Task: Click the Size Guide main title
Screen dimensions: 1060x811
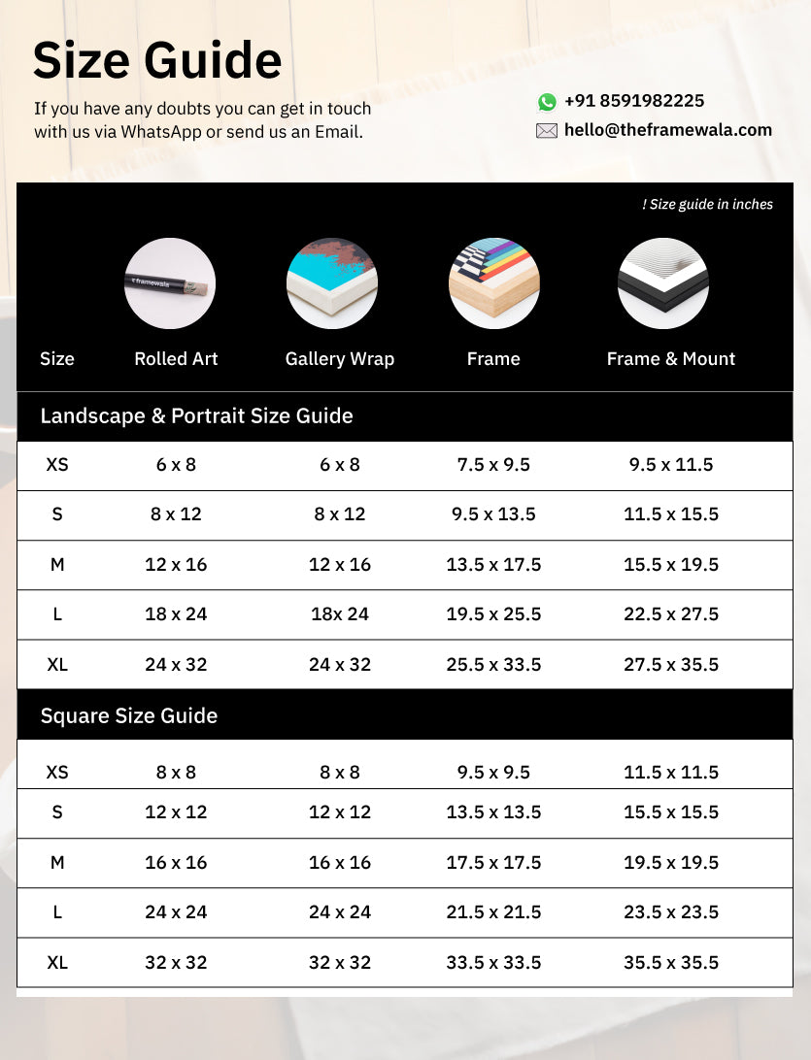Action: (x=157, y=61)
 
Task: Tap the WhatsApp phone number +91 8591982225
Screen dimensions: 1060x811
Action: (x=634, y=101)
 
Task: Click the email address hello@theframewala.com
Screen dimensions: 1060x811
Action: (x=667, y=130)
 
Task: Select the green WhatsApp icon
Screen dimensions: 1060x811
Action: (x=547, y=102)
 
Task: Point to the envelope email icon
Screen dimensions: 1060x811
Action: (x=547, y=131)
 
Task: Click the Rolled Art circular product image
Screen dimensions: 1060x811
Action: (x=170, y=283)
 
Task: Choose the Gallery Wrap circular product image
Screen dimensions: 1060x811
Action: (x=332, y=283)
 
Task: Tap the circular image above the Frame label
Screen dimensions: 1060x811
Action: (x=493, y=283)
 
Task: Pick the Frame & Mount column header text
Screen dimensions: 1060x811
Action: (x=670, y=359)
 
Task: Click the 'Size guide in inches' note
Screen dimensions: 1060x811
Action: (x=707, y=204)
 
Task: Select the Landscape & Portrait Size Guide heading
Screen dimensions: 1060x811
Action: (x=196, y=416)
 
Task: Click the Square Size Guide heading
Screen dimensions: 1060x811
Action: (x=129, y=716)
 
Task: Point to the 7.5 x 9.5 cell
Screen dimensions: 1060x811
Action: (x=493, y=465)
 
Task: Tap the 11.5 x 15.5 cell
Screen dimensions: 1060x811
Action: (x=671, y=514)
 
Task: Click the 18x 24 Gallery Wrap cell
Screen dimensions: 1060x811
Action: (x=339, y=614)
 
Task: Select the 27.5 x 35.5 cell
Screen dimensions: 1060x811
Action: (x=671, y=665)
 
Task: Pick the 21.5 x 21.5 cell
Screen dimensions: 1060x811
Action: (x=493, y=912)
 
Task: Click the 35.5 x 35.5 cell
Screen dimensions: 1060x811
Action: (x=671, y=963)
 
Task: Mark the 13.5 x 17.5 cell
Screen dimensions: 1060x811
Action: (x=493, y=565)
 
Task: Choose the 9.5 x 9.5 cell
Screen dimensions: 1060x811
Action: (x=493, y=773)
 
